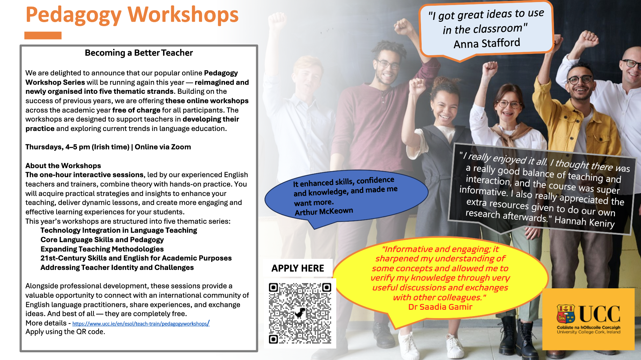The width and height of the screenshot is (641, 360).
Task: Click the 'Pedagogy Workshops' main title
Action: click(x=132, y=15)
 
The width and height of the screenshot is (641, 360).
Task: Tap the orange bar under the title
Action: click(x=43, y=35)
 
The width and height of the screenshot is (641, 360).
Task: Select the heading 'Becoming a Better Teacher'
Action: click(x=139, y=53)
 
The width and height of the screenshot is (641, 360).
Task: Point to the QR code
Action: click(x=300, y=313)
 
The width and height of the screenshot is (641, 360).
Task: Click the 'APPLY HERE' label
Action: click(x=298, y=268)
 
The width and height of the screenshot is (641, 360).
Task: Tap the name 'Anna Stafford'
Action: click(x=487, y=43)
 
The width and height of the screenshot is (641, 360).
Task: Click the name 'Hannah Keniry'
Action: click(x=585, y=222)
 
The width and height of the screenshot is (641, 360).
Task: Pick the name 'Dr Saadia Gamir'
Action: click(x=440, y=307)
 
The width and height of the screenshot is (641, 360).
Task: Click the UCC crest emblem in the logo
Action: click(x=566, y=314)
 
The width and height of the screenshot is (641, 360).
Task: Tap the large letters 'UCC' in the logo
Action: click(x=599, y=314)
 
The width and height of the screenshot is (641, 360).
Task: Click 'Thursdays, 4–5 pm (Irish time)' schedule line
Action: click(x=77, y=147)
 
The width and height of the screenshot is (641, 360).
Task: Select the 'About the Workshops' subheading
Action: click(x=63, y=166)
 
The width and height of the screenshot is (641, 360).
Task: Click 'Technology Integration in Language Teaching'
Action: click(x=119, y=230)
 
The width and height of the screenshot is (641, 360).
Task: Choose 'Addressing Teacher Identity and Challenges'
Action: click(x=117, y=268)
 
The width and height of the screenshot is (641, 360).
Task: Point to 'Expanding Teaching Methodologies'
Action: click(x=102, y=249)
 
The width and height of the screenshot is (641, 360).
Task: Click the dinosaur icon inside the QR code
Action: click(x=300, y=313)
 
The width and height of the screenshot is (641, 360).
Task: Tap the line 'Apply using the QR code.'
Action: click(x=65, y=332)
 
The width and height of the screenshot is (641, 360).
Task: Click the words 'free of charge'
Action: click(x=136, y=110)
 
